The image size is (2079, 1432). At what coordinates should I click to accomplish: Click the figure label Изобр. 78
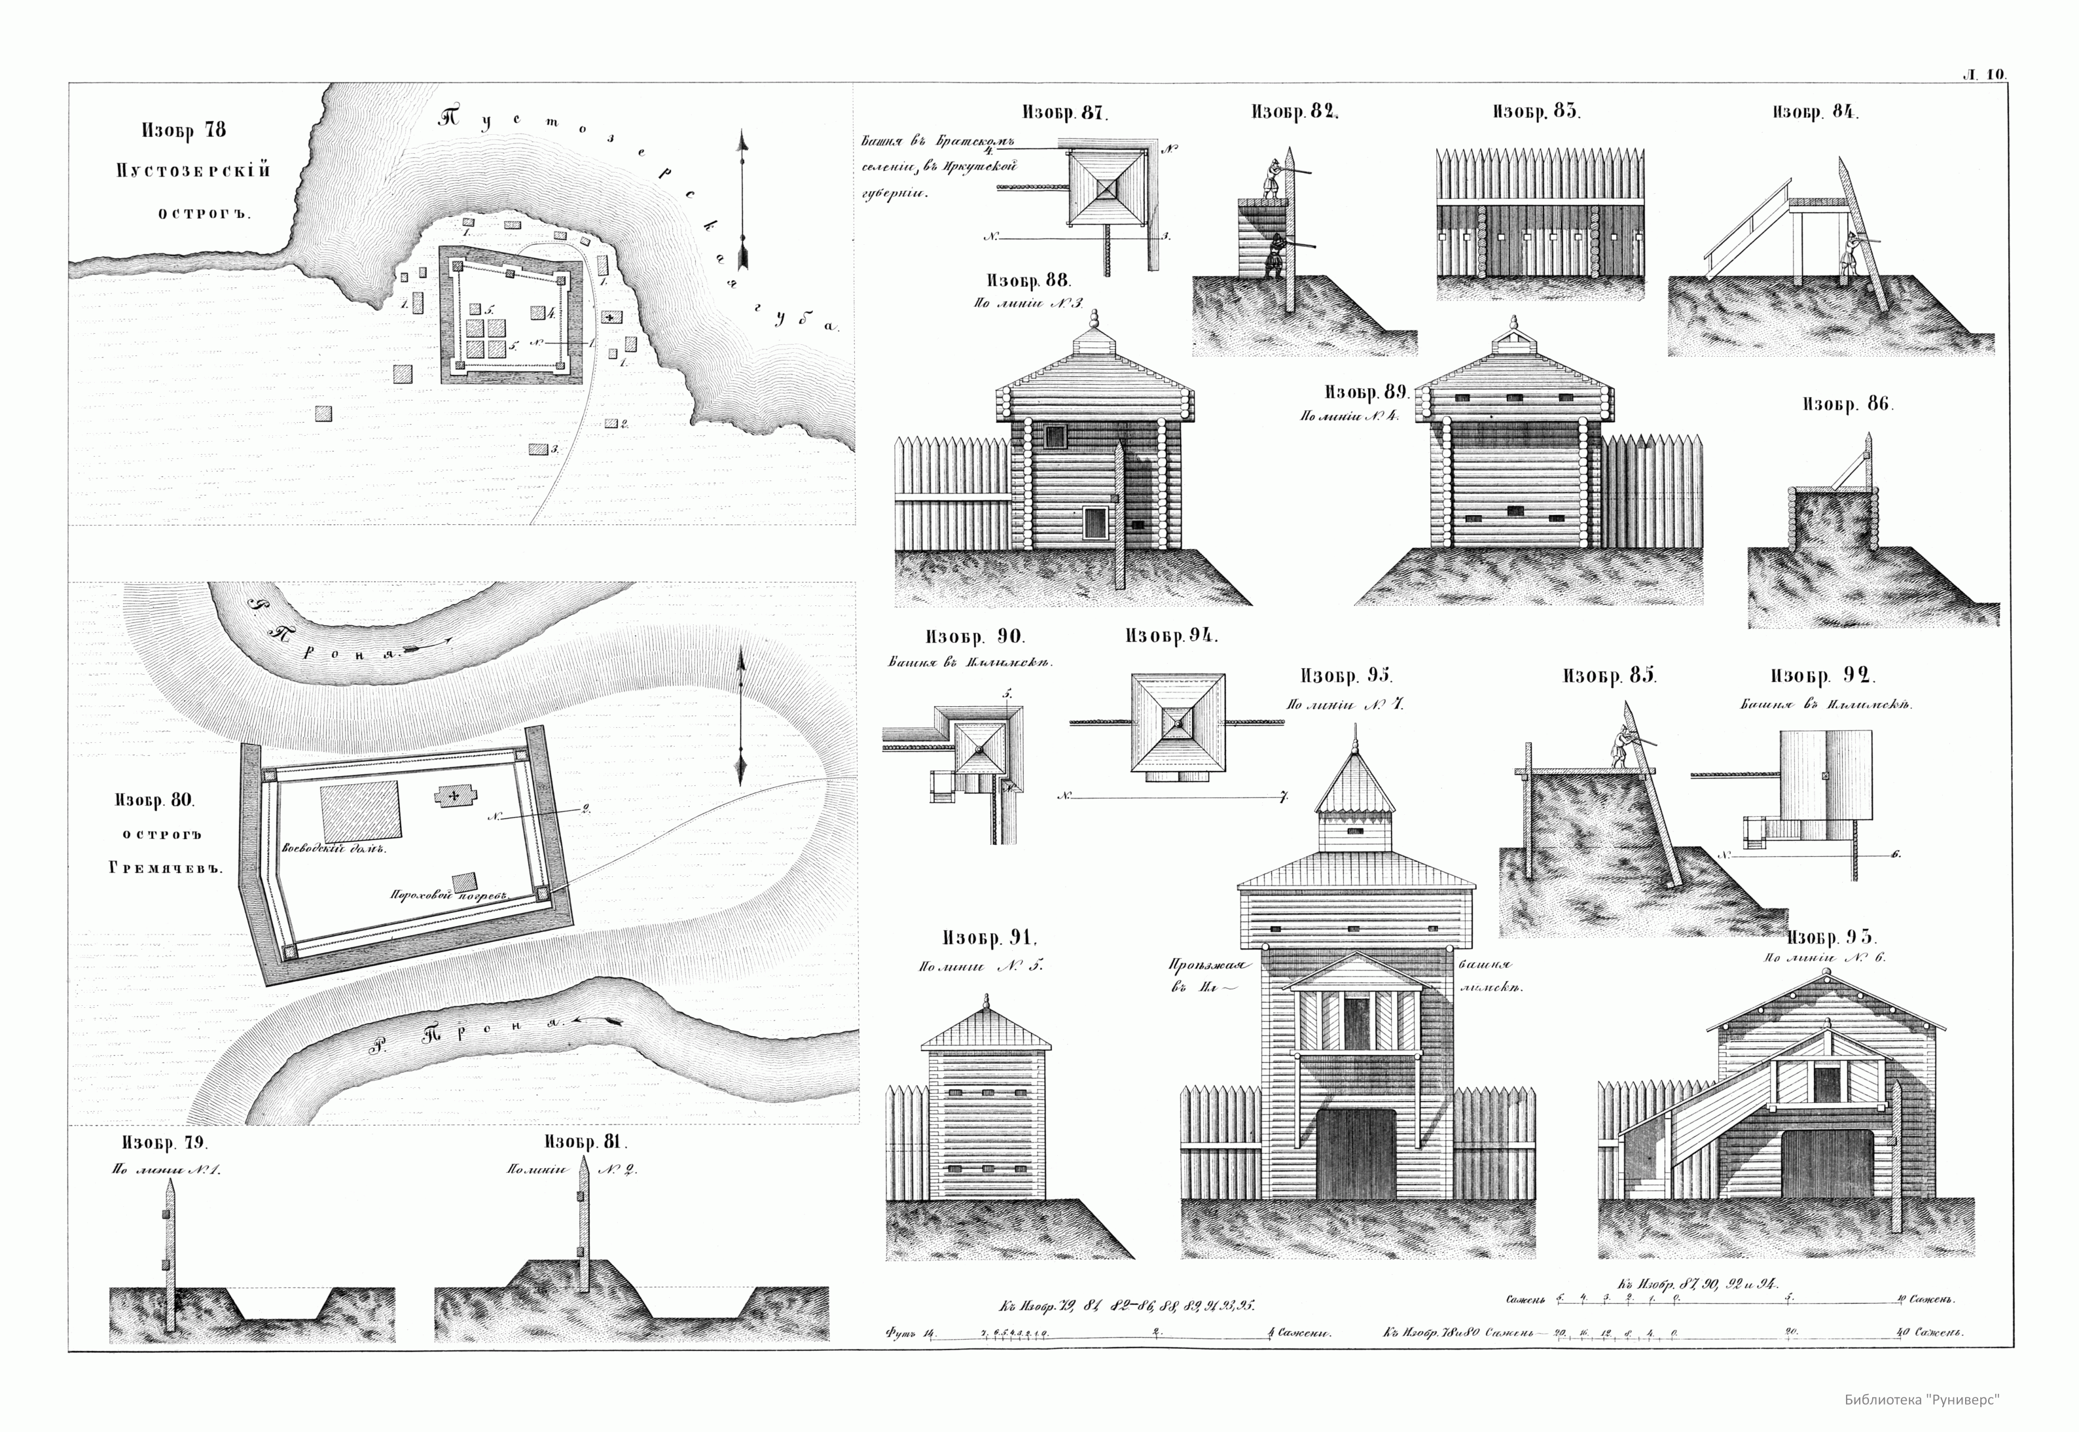[184, 130]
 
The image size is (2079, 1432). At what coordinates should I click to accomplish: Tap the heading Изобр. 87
[1065, 113]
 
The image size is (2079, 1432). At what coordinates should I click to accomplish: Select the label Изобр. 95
[1346, 675]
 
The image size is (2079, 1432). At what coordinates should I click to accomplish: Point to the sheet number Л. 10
[1985, 75]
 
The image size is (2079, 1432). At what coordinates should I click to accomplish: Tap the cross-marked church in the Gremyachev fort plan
[456, 796]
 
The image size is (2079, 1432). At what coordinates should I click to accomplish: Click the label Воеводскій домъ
[334, 848]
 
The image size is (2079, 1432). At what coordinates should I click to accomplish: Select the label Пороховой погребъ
[448, 895]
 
